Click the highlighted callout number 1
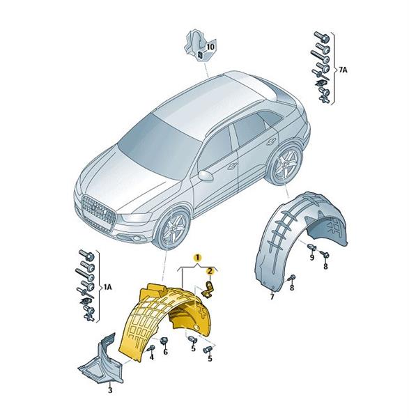coord(197,258)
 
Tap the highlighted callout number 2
coord(210,272)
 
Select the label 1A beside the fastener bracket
coord(108,287)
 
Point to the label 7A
coord(343,70)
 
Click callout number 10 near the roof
coord(210,47)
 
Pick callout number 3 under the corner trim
coord(110,391)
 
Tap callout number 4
coord(152,357)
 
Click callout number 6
coord(166,352)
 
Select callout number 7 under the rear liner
coord(272,297)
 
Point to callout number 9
coord(312,258)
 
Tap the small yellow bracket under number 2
coord(208,290)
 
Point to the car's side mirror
coord(206,176)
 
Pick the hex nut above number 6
coord(163,341)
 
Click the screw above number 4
coord(151,348)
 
